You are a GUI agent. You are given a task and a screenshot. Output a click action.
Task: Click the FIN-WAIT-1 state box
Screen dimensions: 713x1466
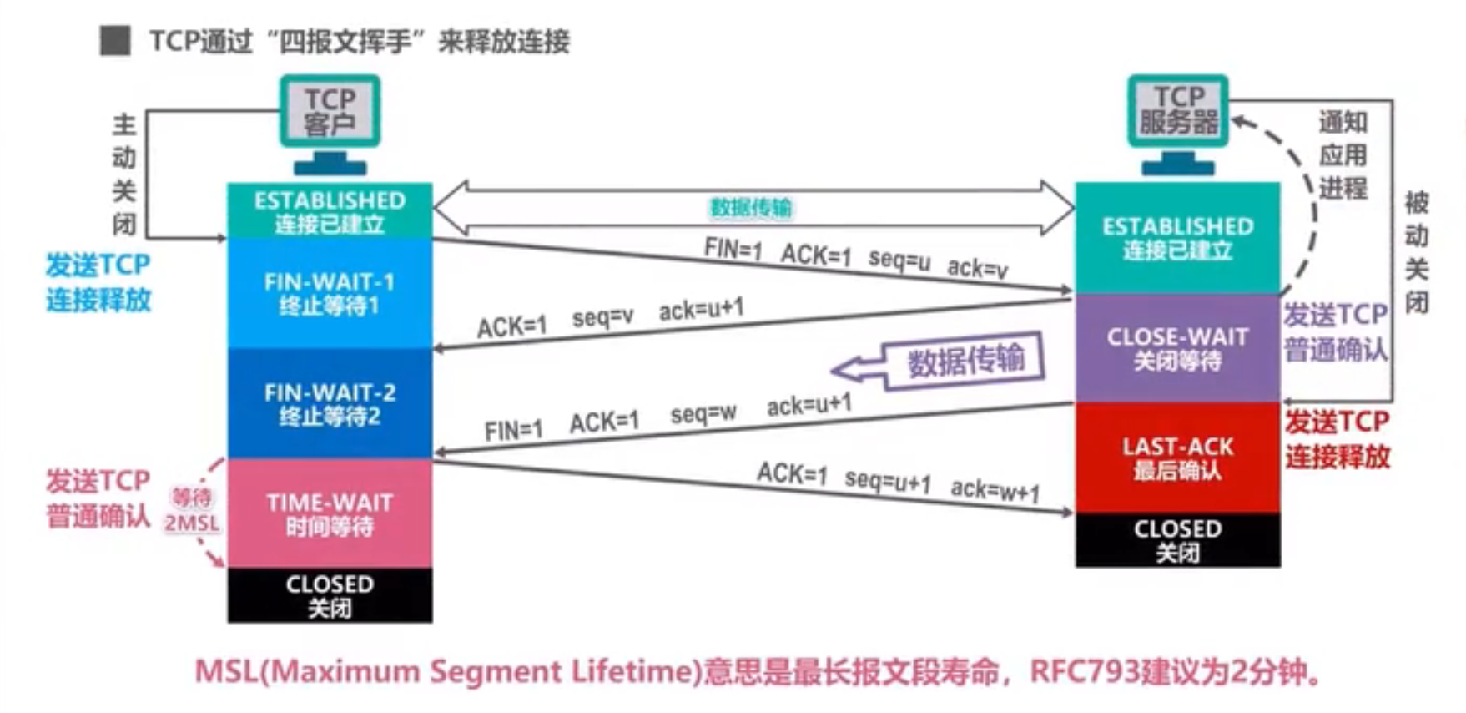pyautogui.click(x=330, y=292)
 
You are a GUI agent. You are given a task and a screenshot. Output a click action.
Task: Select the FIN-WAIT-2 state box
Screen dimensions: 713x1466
pyautogui.click(x=330, y=403)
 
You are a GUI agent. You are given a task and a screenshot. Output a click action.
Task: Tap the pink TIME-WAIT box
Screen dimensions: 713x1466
pyautogui.click(x=330, y=513)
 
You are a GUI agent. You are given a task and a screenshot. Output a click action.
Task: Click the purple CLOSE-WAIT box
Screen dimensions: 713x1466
pyautogui.click(x=1177, y=348)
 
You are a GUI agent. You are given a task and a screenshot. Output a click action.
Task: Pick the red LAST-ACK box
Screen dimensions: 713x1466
pyautogui.click(x=1177, y=458)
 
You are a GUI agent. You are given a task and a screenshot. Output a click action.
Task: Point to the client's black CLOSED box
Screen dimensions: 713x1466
pyautogui.click(x=330, y=594)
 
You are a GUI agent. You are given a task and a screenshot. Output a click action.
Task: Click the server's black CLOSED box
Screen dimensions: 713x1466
pyautogui.click(x=1177, y=539)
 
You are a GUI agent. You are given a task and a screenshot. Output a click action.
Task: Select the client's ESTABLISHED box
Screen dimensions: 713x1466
pyautogui.click(x=330, y=210)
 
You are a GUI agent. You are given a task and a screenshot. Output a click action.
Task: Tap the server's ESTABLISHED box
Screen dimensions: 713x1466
pyautogui.click(x=1177, y=237)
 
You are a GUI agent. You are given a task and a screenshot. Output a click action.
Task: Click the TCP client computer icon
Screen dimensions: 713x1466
pyautogui.click(x=330, y=121)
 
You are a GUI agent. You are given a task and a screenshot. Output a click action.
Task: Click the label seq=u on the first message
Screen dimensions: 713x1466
pyautogui.click(x=899, y=260)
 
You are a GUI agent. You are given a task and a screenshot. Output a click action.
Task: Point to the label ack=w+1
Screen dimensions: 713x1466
pyautogui.click(x=995, y=490)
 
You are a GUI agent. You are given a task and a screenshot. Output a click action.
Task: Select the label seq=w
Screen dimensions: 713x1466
pyautogui.click(x=703, y=413)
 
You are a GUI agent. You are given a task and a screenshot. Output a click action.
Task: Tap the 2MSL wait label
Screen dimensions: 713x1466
pyautogui.click(x=192, y=523)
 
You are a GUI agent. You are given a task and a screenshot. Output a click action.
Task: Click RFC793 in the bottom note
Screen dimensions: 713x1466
pyautogui.click(x=1085, y=671)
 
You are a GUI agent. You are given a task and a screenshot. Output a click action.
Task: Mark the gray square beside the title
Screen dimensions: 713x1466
pyautogui.click(x=115, y=40)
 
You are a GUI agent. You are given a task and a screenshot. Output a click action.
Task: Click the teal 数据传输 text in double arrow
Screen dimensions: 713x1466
pyautogui.click(x=750, y=208)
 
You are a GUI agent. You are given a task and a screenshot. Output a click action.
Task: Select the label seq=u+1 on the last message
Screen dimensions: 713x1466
pyautogui.click(x=887, y=481)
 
